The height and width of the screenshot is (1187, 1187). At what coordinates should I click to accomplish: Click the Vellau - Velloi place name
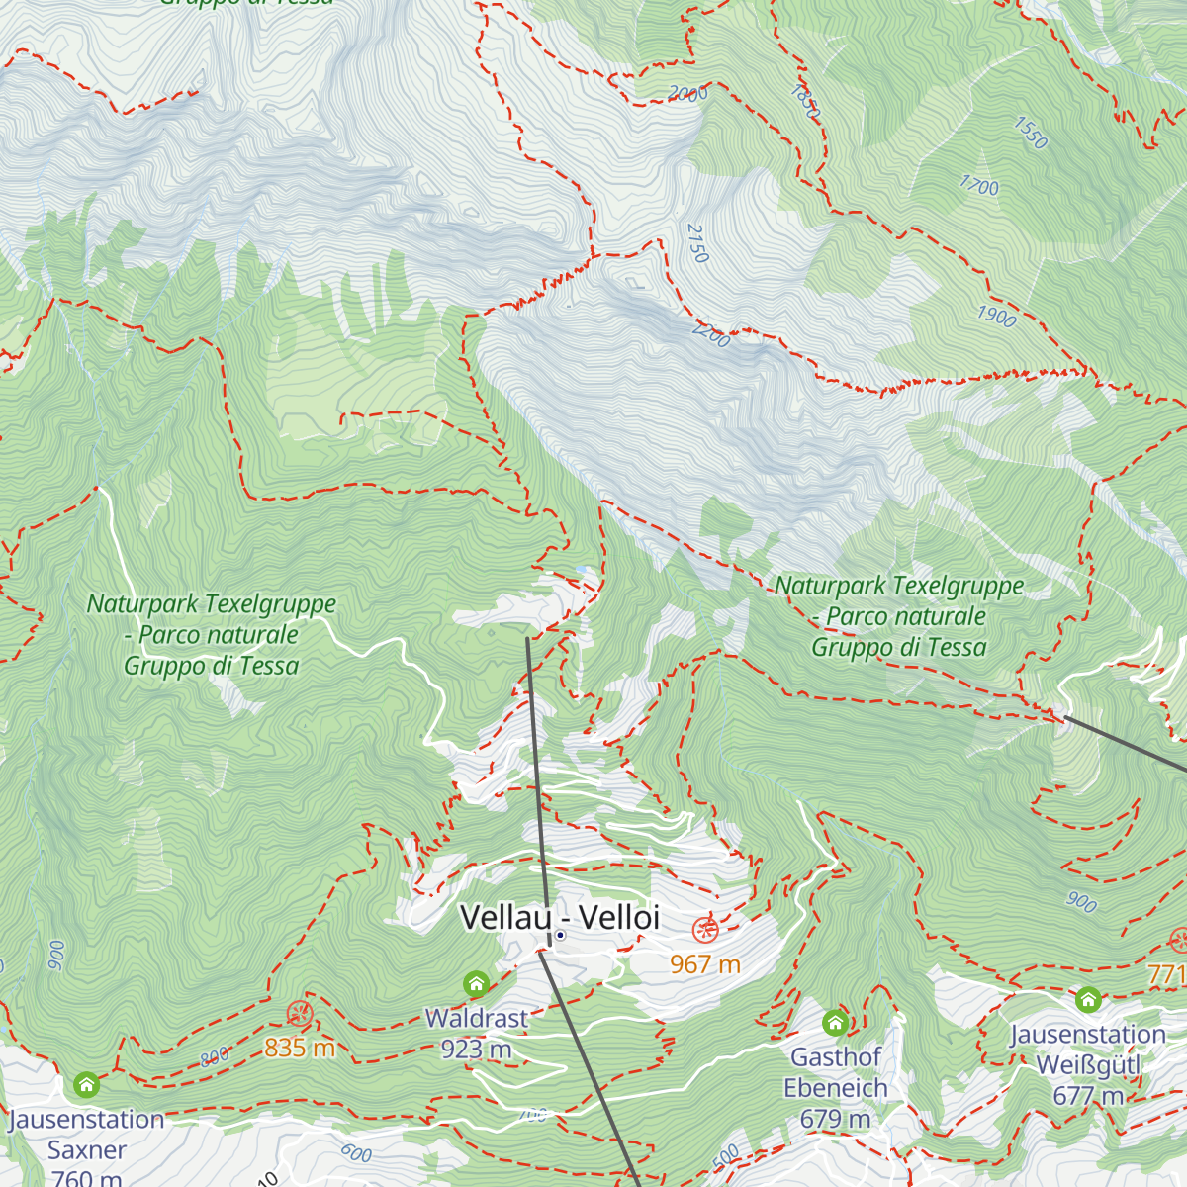click(x=560, y=917)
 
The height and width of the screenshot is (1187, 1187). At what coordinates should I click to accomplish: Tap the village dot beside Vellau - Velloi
click(x=560, y=935)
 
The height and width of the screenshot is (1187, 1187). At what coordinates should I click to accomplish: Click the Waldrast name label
click(x=477, y=1017)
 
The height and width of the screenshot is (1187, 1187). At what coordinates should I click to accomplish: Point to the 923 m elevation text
click(x=477, y=1049)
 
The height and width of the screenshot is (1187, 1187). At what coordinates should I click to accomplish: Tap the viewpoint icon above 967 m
click(x=705, y=930)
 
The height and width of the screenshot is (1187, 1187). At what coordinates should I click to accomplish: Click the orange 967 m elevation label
click(x=705, y=963)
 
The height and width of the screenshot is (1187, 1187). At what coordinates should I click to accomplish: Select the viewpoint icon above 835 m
click(x=300, y=1013)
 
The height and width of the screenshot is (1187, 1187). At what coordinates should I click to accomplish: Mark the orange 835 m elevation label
click(x=300, y=1047)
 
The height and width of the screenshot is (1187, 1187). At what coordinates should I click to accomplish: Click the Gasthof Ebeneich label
click(x=836, y=1072)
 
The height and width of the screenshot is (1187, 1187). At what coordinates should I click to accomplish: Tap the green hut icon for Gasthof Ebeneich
click(x=836, y=1022)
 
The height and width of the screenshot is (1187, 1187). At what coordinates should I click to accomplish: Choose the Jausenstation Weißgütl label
click(x=1088, y=1050)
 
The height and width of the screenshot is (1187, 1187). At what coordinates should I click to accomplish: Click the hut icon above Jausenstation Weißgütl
click(x=1088, y=999)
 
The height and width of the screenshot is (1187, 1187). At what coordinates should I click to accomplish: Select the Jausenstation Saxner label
click(x=86, y=1135)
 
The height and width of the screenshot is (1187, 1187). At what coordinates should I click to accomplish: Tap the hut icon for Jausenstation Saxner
click(x=86, y=1085)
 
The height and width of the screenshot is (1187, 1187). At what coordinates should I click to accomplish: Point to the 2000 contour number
click(x=687, y=94)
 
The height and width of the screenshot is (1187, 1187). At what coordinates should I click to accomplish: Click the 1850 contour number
click(x=805, y=102)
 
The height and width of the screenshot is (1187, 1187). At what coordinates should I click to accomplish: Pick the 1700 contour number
click(x=979, y=185)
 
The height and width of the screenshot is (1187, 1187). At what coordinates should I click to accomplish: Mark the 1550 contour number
click(x=1030, y=133)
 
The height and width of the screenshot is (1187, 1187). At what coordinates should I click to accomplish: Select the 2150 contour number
click(x=697, y=243)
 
